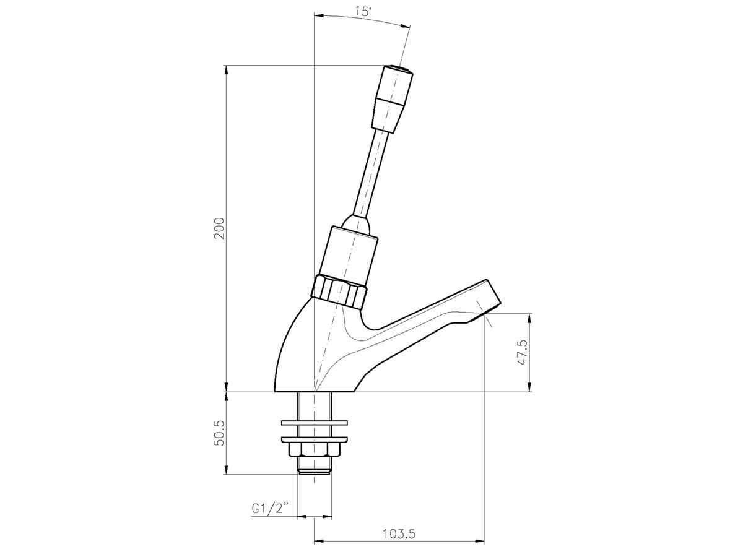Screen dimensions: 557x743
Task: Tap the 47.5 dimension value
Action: click(523, 353)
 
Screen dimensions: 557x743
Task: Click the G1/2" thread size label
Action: click(271, 508)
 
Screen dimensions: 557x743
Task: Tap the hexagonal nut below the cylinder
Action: click(340, 290)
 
